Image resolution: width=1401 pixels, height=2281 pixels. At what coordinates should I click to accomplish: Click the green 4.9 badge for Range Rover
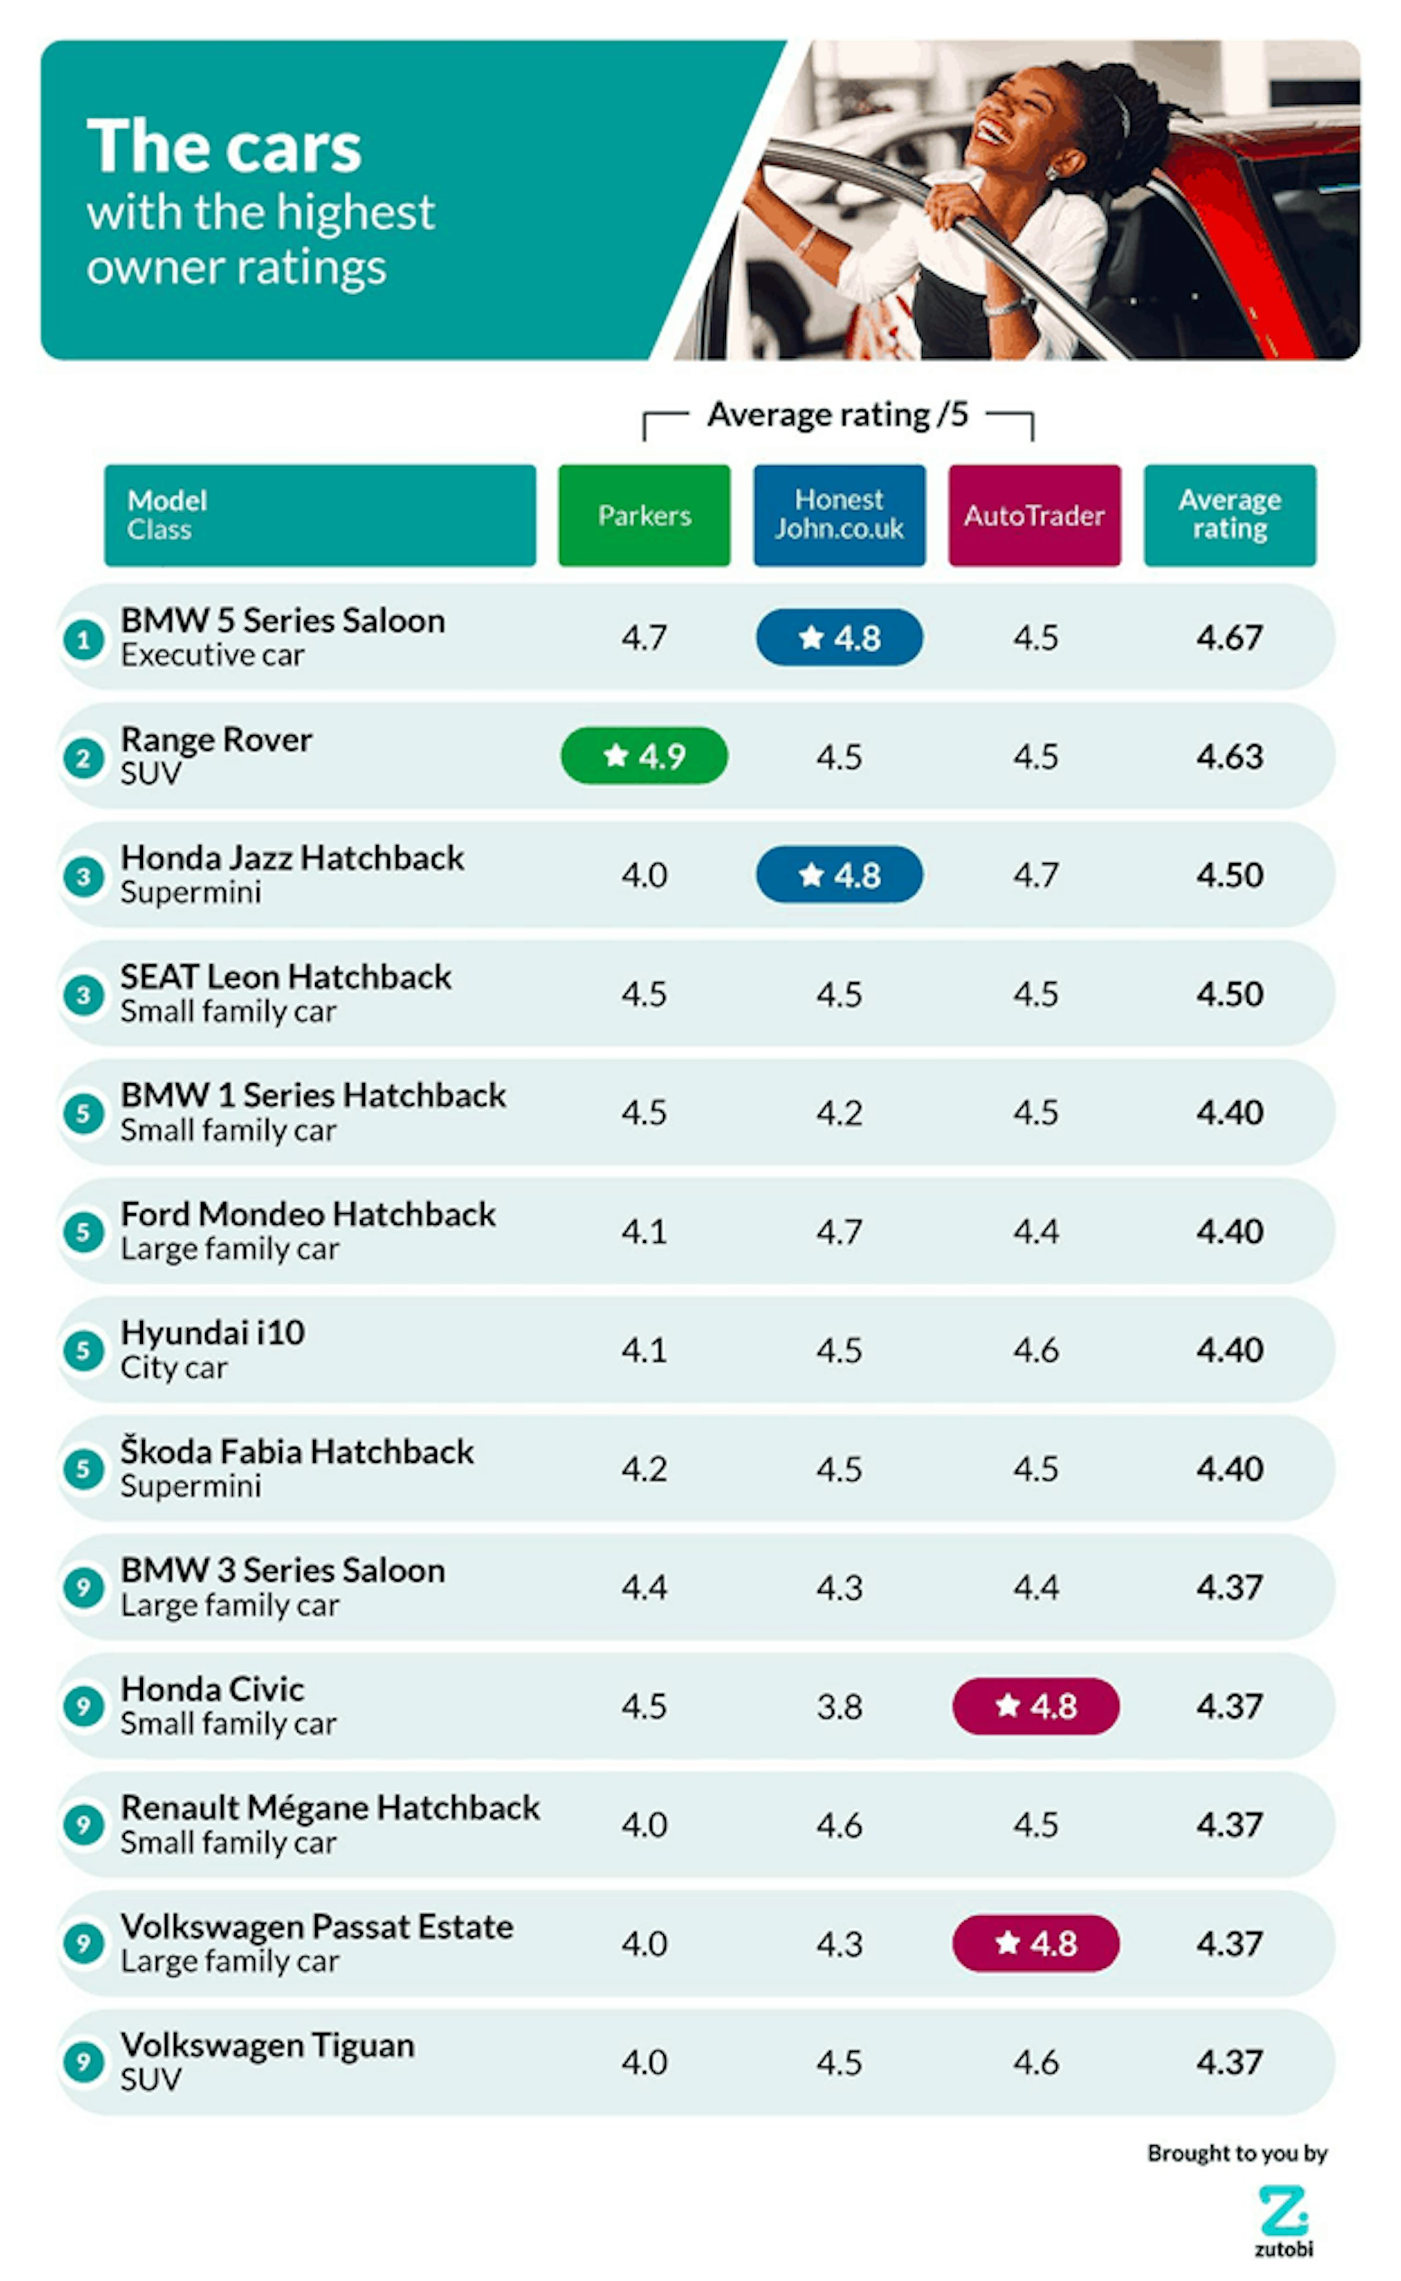[x=644, y=756]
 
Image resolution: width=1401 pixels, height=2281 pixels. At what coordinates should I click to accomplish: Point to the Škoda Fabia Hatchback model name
[x=297, y=1452]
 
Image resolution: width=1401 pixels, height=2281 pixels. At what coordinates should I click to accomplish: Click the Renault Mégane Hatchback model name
[x=330, y=1808]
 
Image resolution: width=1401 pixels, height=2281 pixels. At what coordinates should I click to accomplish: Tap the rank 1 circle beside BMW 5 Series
[x=83, y=639]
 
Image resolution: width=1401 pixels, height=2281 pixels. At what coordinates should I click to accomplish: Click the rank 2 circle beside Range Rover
[x=83, y=758]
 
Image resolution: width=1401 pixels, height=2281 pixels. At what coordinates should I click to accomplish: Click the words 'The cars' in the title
[x=224, y=146]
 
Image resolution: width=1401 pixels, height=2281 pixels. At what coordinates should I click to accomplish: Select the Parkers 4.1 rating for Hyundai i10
[x=644, y=1350]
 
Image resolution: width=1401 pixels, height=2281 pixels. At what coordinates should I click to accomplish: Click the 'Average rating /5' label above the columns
[x=838, y=414]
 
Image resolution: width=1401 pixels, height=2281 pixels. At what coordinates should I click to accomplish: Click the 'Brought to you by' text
[x=1237, y=2152]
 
